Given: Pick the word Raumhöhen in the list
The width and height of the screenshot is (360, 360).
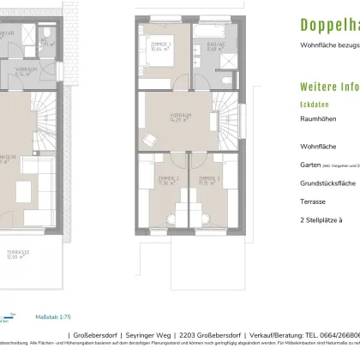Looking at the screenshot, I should [318, 122].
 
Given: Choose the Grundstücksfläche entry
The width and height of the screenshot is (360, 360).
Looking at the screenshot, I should [327, 183].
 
